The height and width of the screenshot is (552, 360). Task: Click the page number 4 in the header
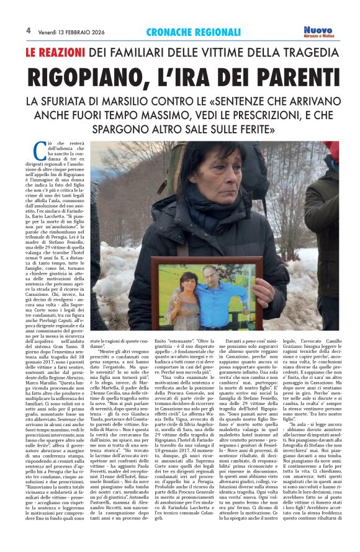point(28,30)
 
